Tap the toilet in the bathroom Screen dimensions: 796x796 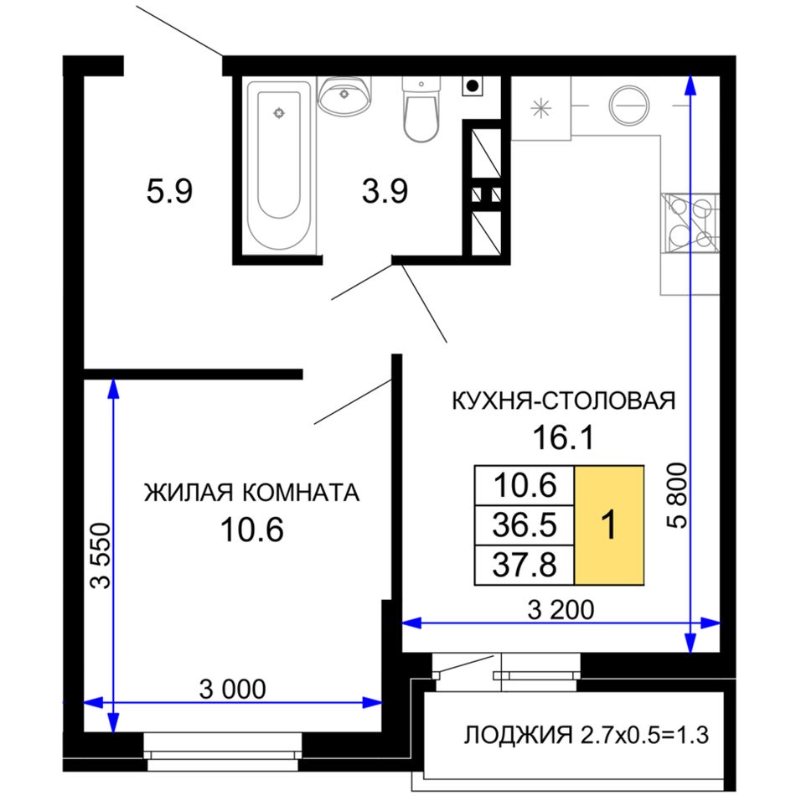click(x=421, y=109)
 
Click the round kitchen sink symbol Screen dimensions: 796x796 click(x=629, y=106)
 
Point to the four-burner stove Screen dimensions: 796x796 click(x=690, y=223)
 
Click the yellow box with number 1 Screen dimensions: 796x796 click(x=609, y=525)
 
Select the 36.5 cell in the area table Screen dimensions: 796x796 click(x=525, y=525)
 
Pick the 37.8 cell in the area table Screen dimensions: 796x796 click(x=525, y=565)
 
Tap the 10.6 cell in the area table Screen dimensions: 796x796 click(x=525, y=485)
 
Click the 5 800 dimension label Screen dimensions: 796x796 click(x=677, y=495)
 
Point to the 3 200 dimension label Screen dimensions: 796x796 click(x=561, y=610)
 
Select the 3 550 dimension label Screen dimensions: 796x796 click(x=100, y=556)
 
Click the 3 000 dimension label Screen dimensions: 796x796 click(x=232, y=689)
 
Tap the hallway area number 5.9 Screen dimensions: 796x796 click(x=169, y=192)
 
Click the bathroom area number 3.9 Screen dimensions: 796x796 click(x=385, y=192)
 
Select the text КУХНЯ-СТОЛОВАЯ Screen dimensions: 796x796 click(x=564, y=401)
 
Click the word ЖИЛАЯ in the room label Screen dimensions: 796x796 click(x=189, y=493)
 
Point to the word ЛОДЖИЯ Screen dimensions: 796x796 click(x=518, y=735)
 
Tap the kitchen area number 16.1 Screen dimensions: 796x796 click(x=563, y=437)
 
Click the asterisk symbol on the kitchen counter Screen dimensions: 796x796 click(x=540, y=108)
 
